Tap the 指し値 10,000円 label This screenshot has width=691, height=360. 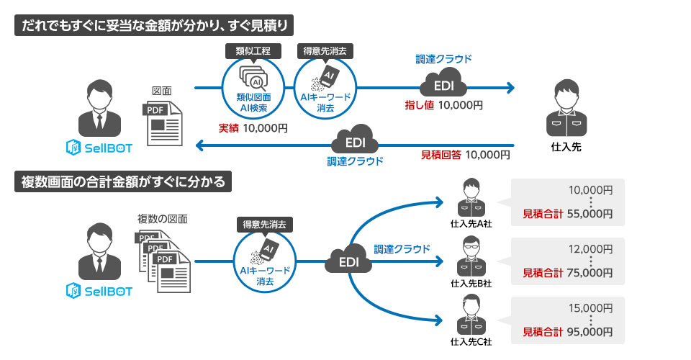(x=443, y=105)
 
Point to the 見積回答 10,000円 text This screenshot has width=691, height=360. (x=465, y=154)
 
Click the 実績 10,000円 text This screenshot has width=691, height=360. (x=253, y=128)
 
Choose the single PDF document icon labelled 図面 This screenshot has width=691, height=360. (x=163, y=123)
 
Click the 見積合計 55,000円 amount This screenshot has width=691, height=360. (x=567, y=213)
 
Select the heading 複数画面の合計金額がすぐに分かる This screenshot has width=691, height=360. (x=123, y=182)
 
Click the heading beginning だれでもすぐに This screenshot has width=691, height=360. (x=155, y=26)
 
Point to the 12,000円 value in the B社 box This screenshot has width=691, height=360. (x=590, y=249)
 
